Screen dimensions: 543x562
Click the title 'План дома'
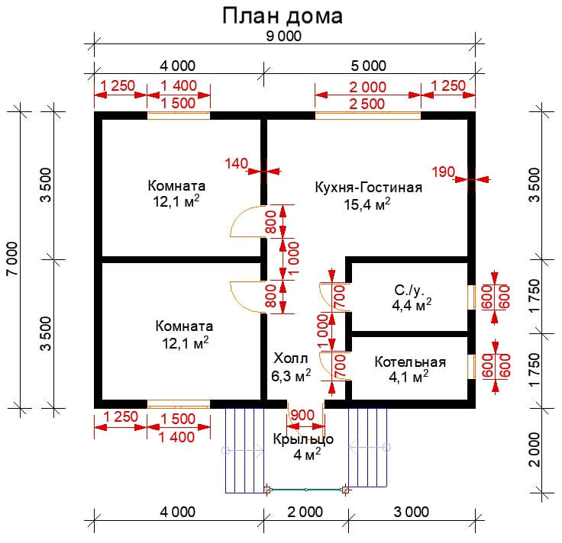[x=282, y=16]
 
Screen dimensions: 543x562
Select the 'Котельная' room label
[x=410, y=361]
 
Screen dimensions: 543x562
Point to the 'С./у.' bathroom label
[x=409, y=291]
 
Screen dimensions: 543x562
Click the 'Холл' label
[x=290, y=358]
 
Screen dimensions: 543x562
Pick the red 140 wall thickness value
[x=237, y=162]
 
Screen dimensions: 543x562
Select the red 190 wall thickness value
[x=443, y=171]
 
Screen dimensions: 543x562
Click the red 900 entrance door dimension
[x=303, y=414]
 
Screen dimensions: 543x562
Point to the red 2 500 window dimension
[x=367, y=105]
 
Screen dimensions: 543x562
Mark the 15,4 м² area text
[x=368, y=204]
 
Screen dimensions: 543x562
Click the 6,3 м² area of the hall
[x=290, y=375]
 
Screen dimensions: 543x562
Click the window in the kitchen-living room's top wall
[x=367, y=116]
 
